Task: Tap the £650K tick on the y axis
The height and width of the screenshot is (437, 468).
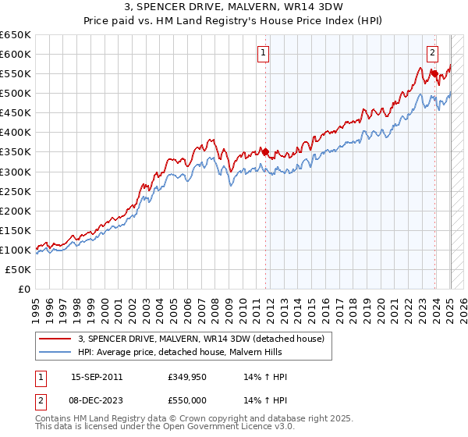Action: (16, 35)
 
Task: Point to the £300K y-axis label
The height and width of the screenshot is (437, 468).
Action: (16, 172)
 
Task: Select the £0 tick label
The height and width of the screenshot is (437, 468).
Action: (25, 290)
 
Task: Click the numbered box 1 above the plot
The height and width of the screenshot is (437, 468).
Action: (264, 53)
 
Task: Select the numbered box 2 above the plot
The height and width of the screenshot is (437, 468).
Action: (431, 53)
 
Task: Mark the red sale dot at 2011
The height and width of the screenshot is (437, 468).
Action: (265, 151)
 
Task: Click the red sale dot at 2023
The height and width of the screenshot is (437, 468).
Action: (434, 73)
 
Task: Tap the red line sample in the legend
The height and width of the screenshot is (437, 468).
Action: (55, 338)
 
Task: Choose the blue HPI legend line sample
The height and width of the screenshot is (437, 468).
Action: (55, 352)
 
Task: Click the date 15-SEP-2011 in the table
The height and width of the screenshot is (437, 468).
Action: (97, 377)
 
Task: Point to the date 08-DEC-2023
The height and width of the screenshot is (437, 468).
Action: (97, 400)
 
